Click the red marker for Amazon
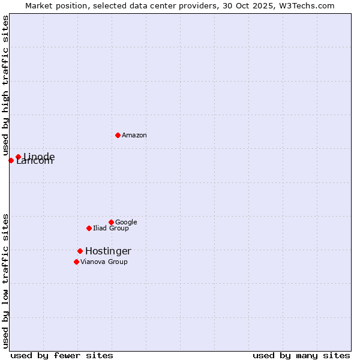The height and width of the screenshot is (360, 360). point(118,135)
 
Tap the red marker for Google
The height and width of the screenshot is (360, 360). point(111,222)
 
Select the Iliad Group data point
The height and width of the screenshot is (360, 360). point(89,228)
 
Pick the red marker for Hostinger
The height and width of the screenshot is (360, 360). point(80,251)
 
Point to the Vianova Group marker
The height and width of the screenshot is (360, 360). point(76,262)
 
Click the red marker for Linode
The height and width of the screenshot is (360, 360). point(18,157)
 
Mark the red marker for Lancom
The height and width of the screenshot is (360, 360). point(11,160)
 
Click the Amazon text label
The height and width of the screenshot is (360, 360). point(134,136)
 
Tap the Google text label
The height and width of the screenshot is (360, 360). point(126,223)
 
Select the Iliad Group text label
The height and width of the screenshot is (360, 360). point(111,229)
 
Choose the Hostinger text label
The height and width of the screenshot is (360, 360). point(108,251)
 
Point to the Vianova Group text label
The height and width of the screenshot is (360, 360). point(104,262)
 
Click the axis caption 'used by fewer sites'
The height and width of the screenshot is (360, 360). point(62,355)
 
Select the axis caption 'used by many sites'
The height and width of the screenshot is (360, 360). point(301,355)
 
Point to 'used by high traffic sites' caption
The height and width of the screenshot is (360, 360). point(6,86)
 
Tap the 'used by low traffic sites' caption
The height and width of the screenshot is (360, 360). point(6,281)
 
